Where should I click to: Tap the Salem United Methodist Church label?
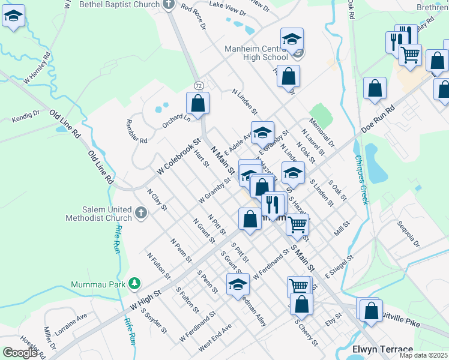(108, 213)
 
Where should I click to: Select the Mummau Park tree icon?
(136, 283)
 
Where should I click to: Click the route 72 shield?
(198, 86)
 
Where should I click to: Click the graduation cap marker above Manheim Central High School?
(292, 41)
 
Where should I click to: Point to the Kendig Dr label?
(26, 116)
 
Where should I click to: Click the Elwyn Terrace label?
(383, 349)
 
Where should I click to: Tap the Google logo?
(20, 352)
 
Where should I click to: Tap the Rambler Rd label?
(136, 129)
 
